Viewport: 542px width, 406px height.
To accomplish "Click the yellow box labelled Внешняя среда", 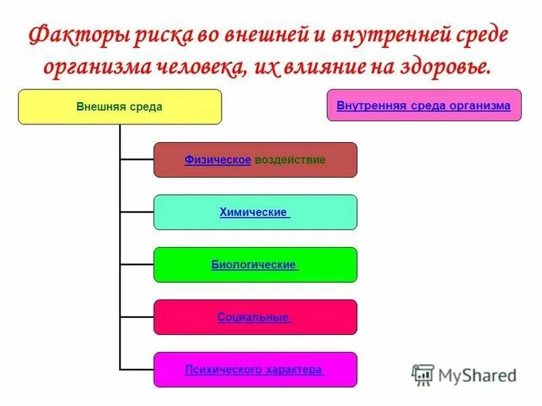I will pyautogui.click(x=119, y=107).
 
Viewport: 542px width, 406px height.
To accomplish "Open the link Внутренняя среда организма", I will pyautogui.click(x=423, y=106).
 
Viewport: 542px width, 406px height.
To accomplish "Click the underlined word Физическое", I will pyautogui.click(x=217, y=160).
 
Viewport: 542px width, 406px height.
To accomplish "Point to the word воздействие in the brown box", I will pyautogui.click(x=290, y=160).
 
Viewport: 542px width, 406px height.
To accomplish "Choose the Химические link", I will pyautogui.click(x=254, y=212).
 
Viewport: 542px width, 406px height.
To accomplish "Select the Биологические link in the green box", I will pyautogui.click(x=254, y=265).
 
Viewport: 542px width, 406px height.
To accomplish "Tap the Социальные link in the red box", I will pyautogui.click(x=254, y=317).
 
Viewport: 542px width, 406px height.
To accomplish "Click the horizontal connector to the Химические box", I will pyautogui.click(x=137, y=212).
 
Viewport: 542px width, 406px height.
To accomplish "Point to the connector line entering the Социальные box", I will pyautogui.click(x=137, y=317).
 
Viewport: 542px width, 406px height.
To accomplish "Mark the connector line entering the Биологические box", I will pyautogui.click(x=137, y=265).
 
